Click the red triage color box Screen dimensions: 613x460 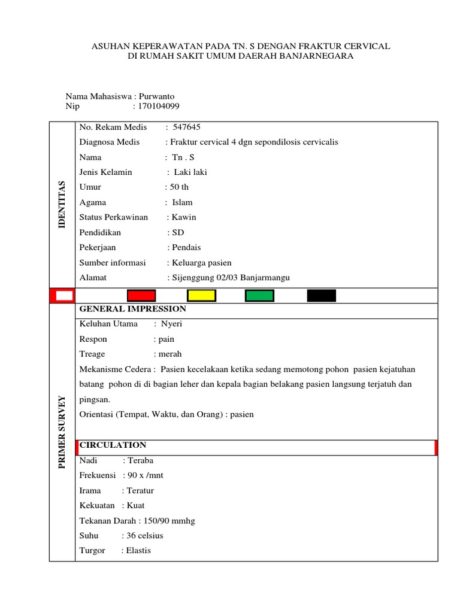141,295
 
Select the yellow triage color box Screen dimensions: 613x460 201,295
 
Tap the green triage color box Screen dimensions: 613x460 259,295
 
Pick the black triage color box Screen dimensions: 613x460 322,295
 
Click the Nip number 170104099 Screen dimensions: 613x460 159,107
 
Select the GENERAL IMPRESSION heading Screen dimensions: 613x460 132,309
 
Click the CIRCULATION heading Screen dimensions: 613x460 113,445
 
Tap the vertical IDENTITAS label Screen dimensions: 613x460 62,204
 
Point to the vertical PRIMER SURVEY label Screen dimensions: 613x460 62,432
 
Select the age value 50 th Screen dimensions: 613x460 179,187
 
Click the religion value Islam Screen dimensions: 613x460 182,202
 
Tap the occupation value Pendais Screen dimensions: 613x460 186,247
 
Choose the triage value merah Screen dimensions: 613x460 170,354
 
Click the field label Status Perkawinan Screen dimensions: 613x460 113,217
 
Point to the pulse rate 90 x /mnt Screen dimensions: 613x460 144,475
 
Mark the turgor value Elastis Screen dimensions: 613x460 138,550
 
